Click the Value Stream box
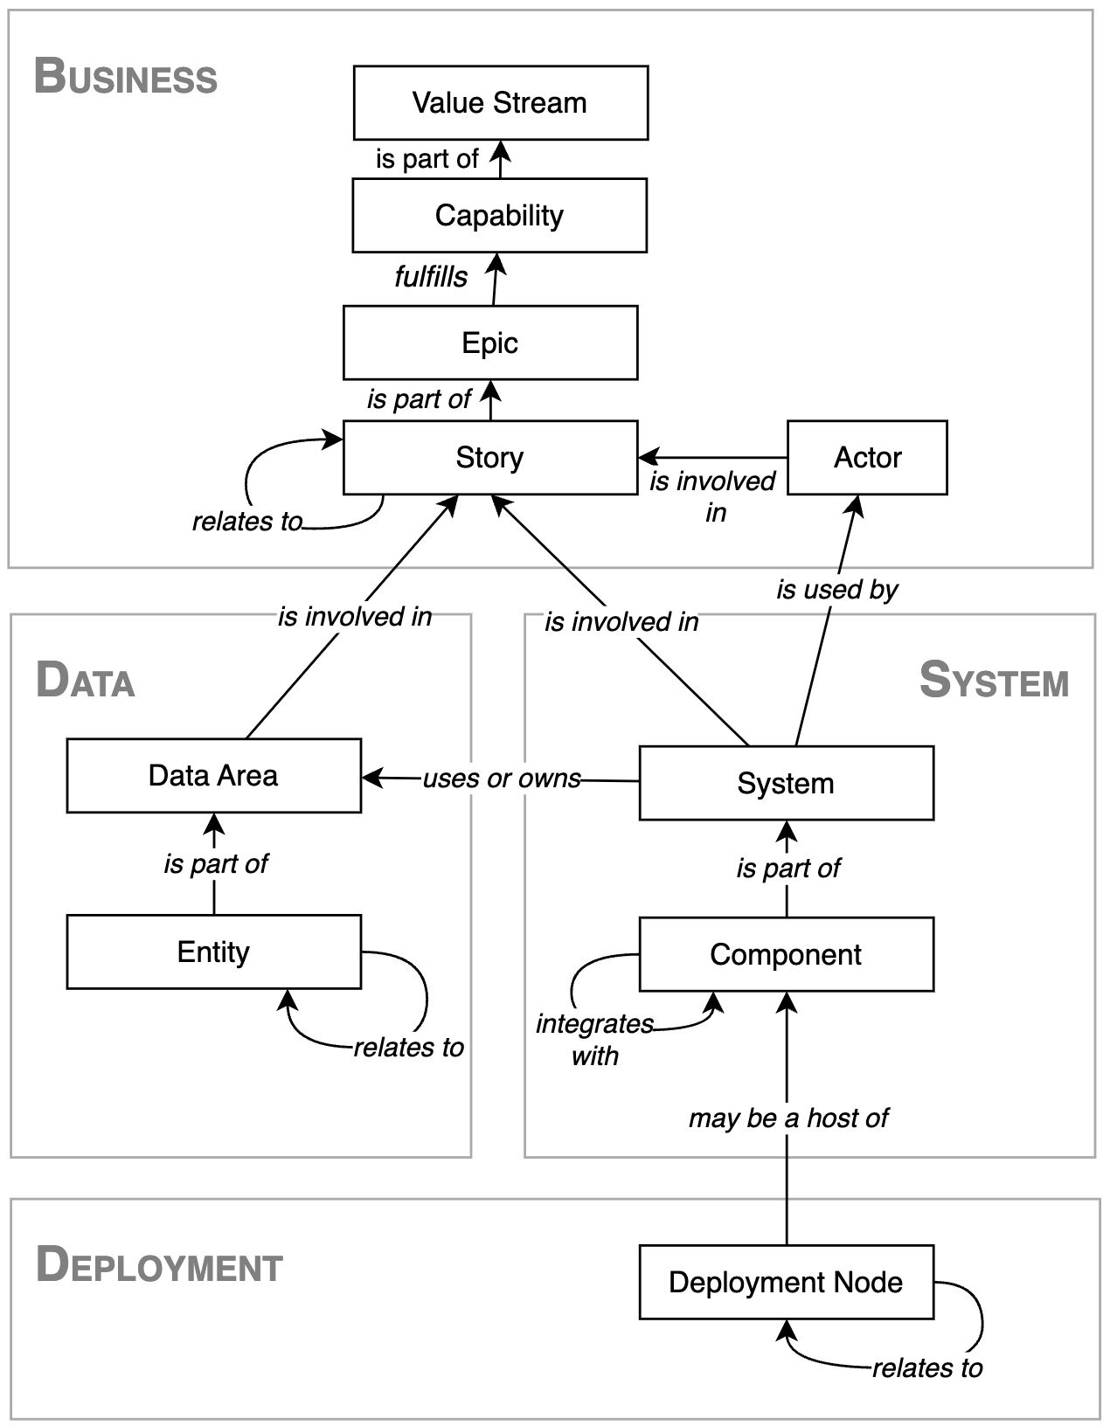click(x=500, y=102)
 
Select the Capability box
click(x=499, y=215)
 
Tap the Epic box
click(x=489, y=343)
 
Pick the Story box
click(x=489, y=457)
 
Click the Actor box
click(x=866, y=457)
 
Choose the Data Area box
click(x=213, y=775)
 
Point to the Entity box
click(x=213, y=952)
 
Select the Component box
click(x=786, y=954)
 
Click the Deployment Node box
click(x=786, y=1282)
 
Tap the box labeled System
click(x=786, y=783)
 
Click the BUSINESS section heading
click(x=125, y=77)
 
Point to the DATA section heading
click(x=85, y=681)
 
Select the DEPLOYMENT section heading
click(x=159, y=1265)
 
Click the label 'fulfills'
click(x=431, y=277)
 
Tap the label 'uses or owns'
click(x=502, y=778)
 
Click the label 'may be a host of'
click(x=787, y=1118)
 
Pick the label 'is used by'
click(x=836, y=590)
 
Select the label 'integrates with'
click(x=594, y=1039)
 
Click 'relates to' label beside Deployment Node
click(x=926, y=1367)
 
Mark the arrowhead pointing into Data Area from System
click(x=371, y=777)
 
